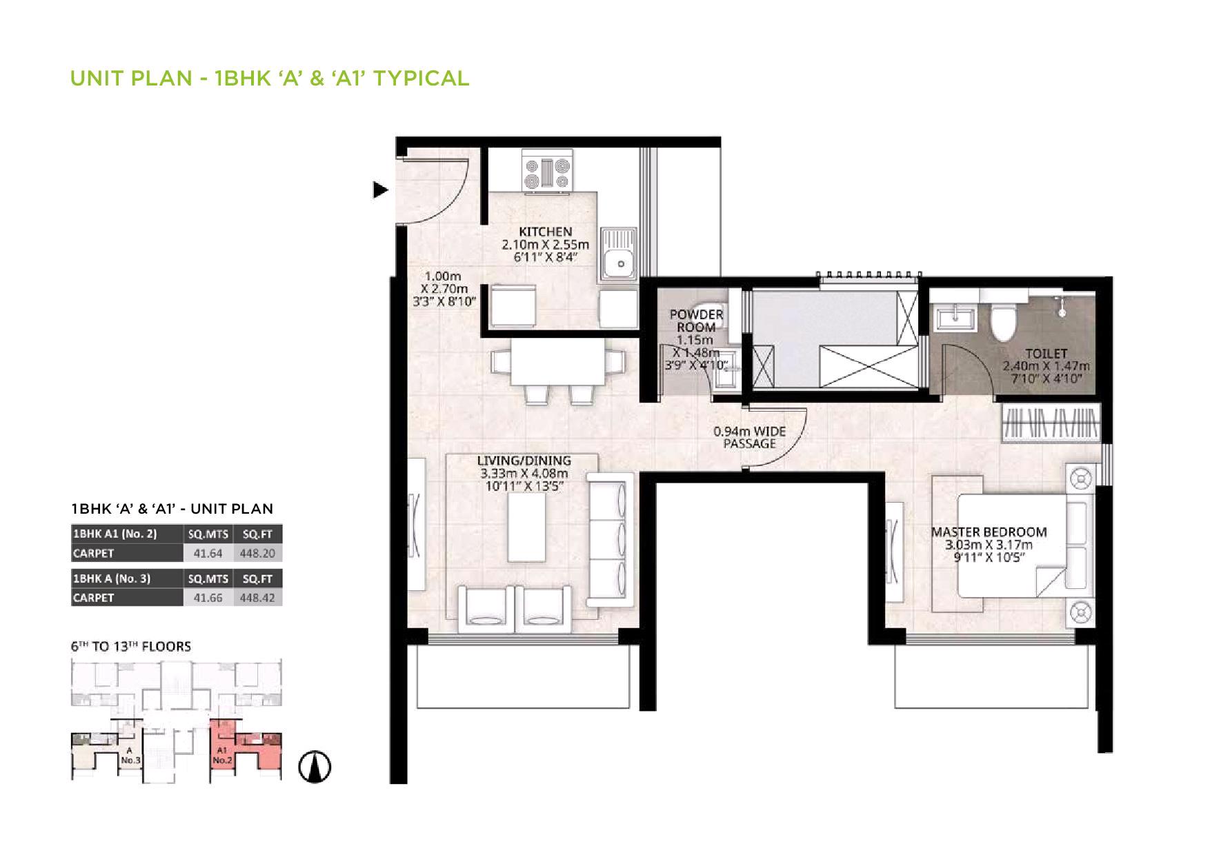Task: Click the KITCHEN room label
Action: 545,232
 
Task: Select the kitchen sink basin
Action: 620,263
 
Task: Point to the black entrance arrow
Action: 380,190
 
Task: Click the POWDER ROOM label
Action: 696,321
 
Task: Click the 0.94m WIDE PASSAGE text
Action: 749,438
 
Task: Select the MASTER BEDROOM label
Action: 989,532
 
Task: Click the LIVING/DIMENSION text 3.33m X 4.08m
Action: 524,473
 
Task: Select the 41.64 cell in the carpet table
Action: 208,553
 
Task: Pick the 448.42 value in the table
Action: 257,598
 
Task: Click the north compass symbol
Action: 315,766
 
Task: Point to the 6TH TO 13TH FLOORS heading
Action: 131,646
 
